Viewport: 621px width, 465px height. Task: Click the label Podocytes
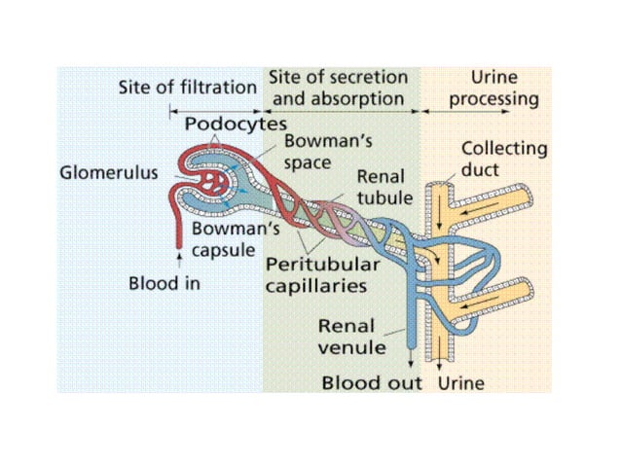235,125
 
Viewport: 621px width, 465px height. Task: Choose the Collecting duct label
502,160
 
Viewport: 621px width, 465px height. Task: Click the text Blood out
372,381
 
